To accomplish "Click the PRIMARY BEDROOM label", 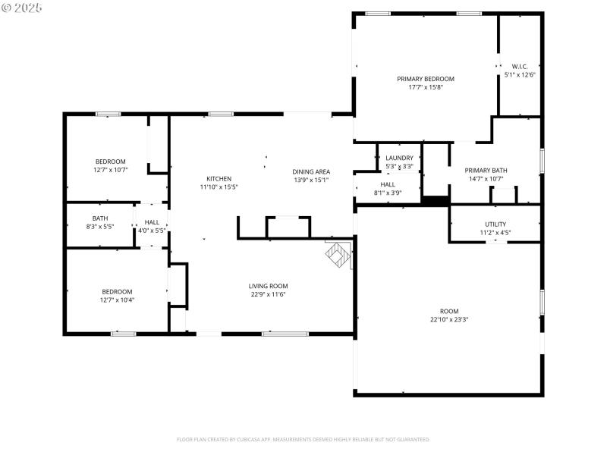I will click(x=425, y=79).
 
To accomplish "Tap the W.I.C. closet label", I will click(x=520, y=66).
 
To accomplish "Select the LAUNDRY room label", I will click(x=399, y=158).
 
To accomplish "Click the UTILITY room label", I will click(x=495, y=224).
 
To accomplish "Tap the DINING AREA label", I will click(x=311, y=171).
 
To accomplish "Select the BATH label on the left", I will click(x=100, y=218).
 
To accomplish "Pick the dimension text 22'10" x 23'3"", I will click(x=449, y=319).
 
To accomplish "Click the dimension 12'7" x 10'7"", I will click(x=111, y=170).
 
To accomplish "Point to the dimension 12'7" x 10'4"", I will click(x=117, y=300).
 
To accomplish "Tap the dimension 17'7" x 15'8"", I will click(x=425, y=87).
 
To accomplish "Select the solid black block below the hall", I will click(x=436, y=201).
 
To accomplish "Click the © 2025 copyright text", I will click(x=23, y=7).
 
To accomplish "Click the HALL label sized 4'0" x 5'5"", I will click(x=152, y=222).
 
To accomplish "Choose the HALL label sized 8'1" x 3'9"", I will click(x=387, y=184).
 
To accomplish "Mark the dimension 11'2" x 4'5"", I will click(x=495, y=233).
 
